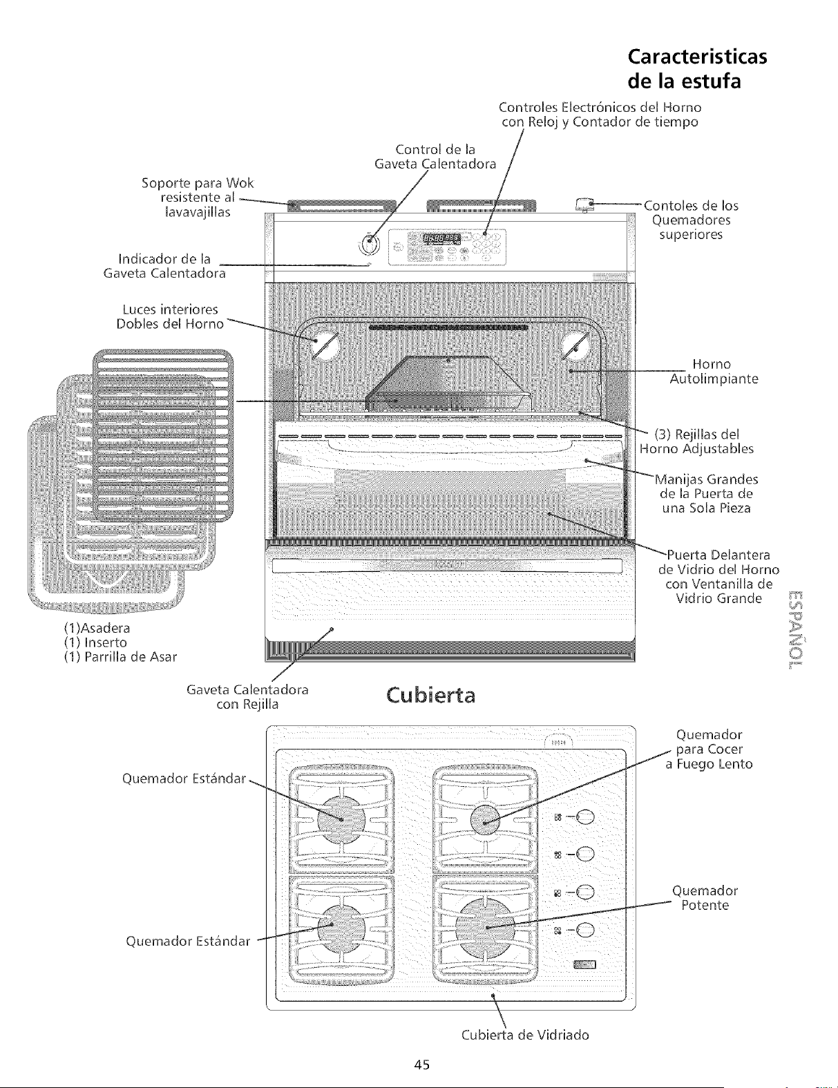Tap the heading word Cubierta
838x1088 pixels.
(430, 696)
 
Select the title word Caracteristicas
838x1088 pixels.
(697, 57)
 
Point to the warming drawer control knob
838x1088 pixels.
(369, 244)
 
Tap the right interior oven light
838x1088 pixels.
(574, 345)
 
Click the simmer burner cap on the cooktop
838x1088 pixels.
(484, 820)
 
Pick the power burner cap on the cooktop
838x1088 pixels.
(485, 928)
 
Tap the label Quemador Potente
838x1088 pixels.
(705, 898)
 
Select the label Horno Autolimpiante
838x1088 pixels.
(714, 371)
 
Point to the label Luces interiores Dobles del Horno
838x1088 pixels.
(170, 316)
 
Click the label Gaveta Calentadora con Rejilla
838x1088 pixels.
(247, 697)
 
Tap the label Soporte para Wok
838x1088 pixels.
(198, 183)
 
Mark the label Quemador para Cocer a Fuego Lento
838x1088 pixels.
(709, 749)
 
